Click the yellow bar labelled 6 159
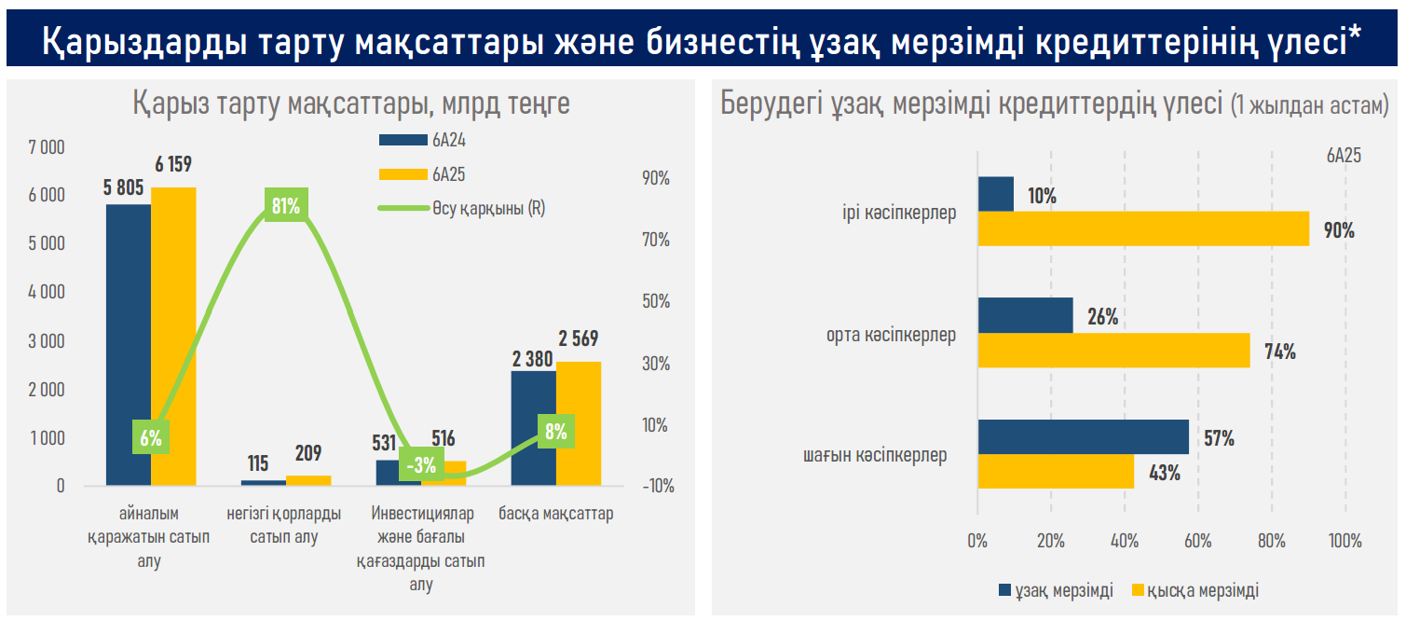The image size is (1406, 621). pyautogui.click(x=174, y=336)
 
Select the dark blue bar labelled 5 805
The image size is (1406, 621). pyautogui.click(x=129, y=345)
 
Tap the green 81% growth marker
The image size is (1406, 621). pyautogui.click(x=285, y=206)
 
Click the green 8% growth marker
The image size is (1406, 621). pyautogui.click(x=556, y=432)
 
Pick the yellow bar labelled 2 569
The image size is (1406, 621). pyautogui.click(x=579, y=423)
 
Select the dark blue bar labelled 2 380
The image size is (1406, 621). pyautogui.click(x=534, y=428)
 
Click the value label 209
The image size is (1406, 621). pyautogui.click(x=307, y=454)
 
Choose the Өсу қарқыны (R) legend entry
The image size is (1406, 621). pyautogui.click(x=461, y=208)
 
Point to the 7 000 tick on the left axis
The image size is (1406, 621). pyautogui.click(x=47, y=147)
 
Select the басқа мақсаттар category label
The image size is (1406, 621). pyautogui.click(x=555, y=514)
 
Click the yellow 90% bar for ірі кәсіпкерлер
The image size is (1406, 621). pyautogui.click(x=1143, y=229)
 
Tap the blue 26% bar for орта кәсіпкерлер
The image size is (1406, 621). pyautogui.click(x=1025, y=316)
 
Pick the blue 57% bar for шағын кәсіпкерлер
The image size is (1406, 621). pyautogui.click(x=1084, y=437)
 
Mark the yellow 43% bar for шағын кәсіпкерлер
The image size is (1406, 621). pyautogui.click(x=1056, y=472)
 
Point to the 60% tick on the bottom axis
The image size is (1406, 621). pyautogui.click(x=1197, y=541)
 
